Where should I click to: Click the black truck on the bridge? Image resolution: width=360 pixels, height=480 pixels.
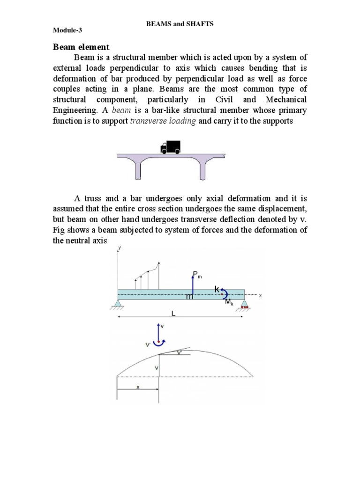coord(170,147)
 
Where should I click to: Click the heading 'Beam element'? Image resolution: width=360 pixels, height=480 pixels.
coord(80,47)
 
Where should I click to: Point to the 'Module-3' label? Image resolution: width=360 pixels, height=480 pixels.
coord(66,30)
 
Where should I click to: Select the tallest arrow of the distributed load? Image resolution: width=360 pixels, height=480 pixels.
coord(159,275)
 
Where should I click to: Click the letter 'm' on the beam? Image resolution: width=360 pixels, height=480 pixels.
coord(189,297)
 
